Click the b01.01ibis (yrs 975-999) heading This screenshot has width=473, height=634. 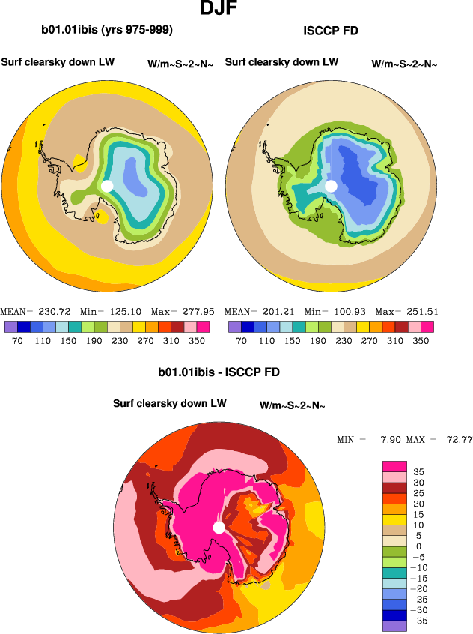(x=107, y=31)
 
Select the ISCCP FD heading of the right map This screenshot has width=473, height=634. (x=332, y=31)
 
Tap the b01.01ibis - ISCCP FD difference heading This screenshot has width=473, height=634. (x=219, y=372)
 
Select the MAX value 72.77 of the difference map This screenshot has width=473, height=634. (x=459, y=439)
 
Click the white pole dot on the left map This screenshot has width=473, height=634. (x=106, y=186)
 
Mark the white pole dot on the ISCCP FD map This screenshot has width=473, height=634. (x=330, y=186)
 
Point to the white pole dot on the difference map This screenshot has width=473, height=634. (x=219, y=528)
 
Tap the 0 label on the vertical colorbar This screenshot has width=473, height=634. (x=418, y=546)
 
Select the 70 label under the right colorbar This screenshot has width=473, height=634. (x=241, y=339)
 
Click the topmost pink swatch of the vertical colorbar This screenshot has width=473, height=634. (x=395, y=466)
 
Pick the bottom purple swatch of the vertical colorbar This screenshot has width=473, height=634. (x=395, y=626)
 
